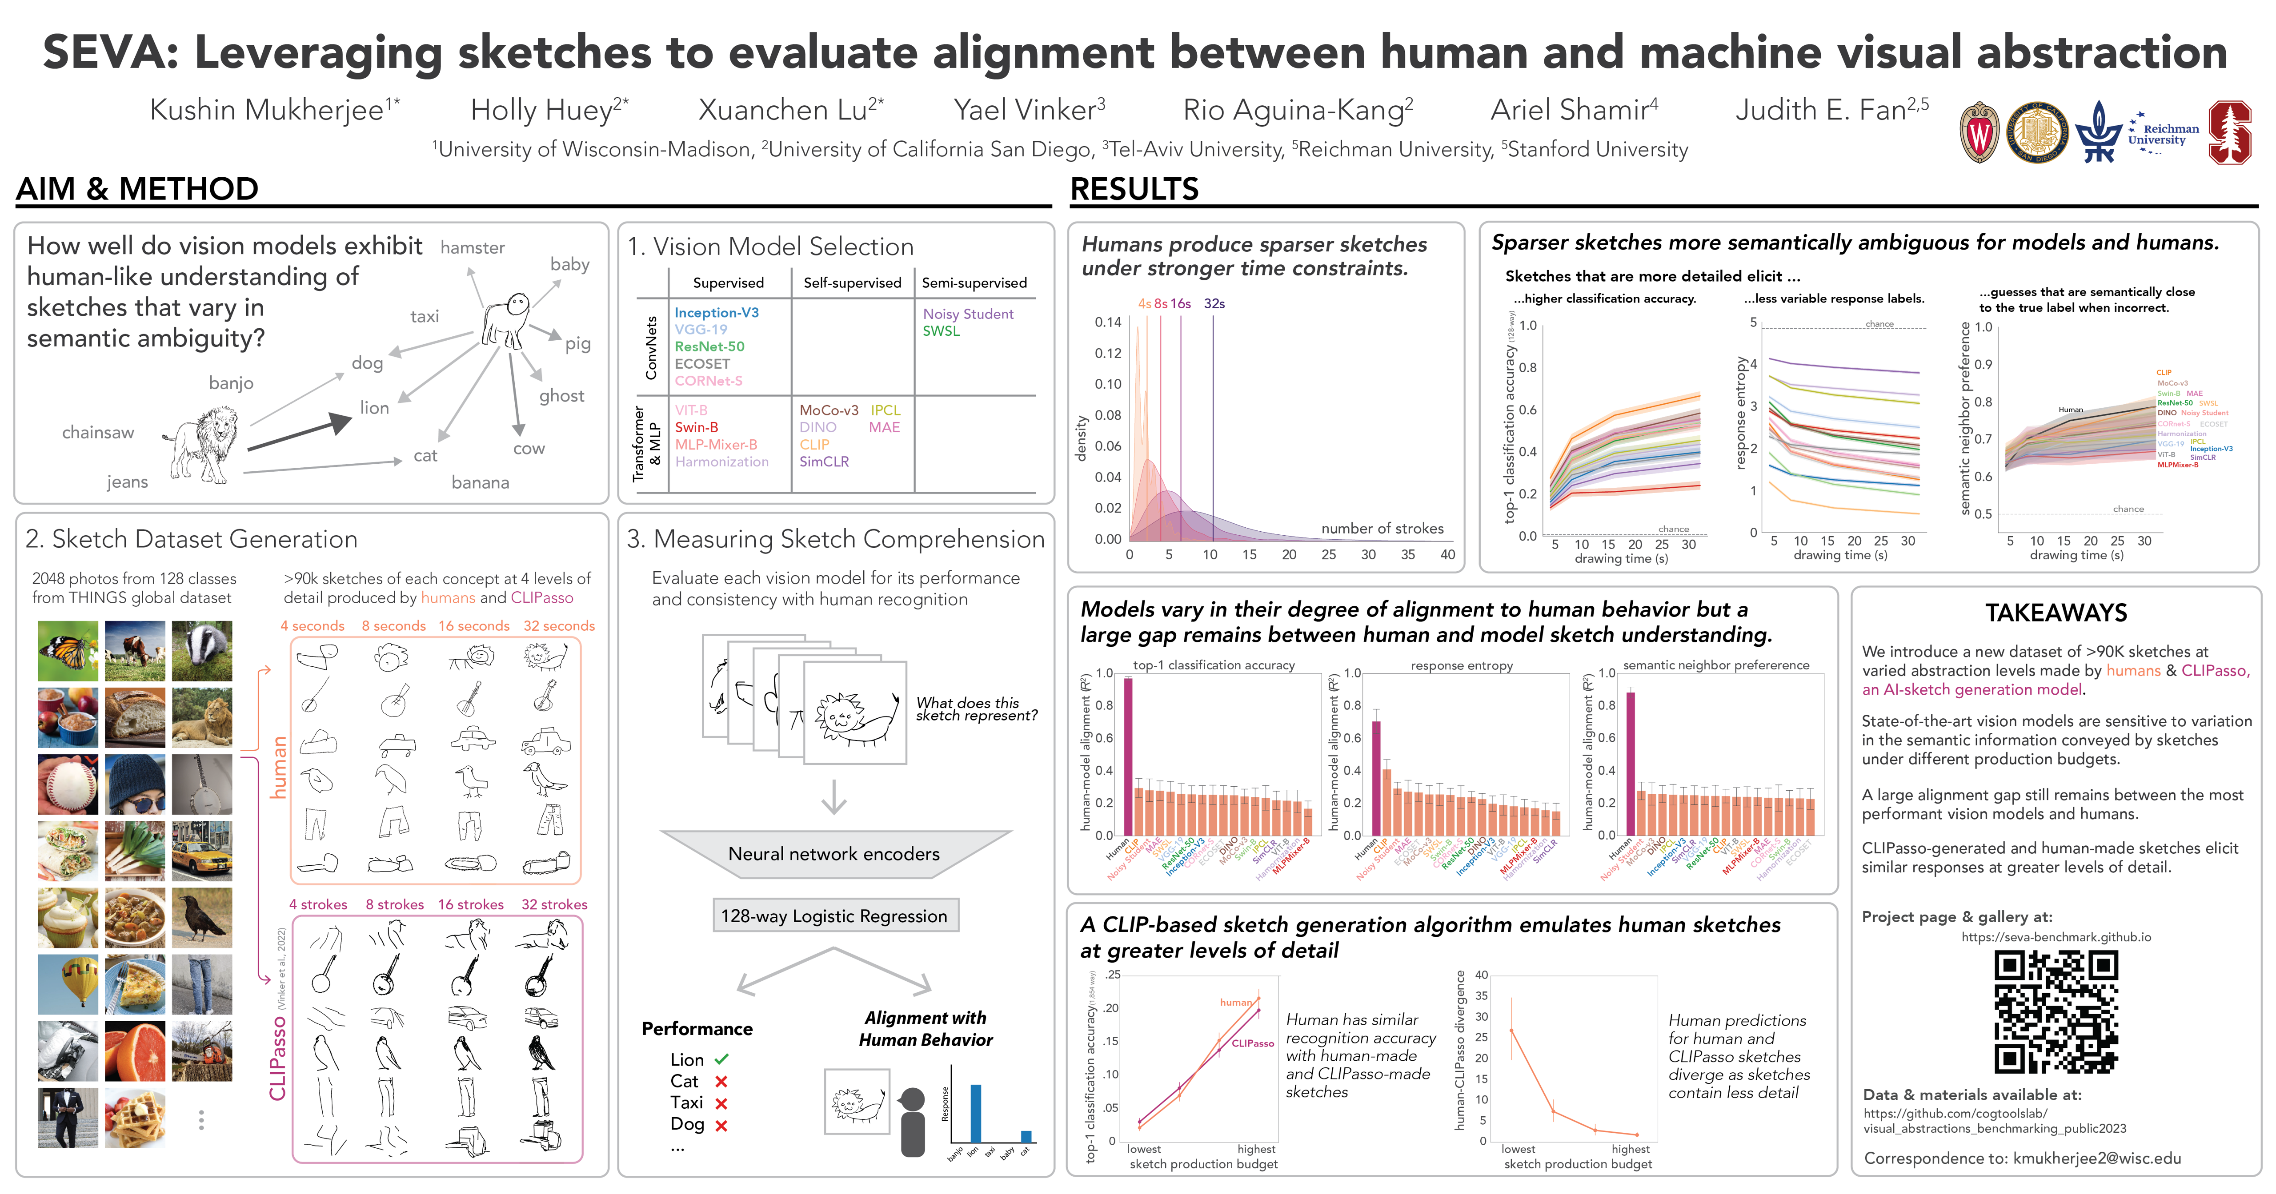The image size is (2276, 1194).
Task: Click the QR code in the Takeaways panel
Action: tap(2055, 1011)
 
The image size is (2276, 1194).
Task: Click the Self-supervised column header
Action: tap(852, 283)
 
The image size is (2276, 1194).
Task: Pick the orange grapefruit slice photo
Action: tap(135, 1051)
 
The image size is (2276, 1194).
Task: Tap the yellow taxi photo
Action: tap(202, 851)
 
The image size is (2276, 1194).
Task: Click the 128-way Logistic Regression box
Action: tap(834, 916)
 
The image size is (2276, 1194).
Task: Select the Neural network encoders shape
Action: tap(834, 853)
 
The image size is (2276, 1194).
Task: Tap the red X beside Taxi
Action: tap(721, 1103)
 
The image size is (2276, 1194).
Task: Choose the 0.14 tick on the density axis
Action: tap(1108, 322)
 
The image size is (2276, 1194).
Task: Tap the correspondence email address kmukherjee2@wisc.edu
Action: tap(2097, 1158)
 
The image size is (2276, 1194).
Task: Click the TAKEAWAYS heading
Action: tap(2056, 613)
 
